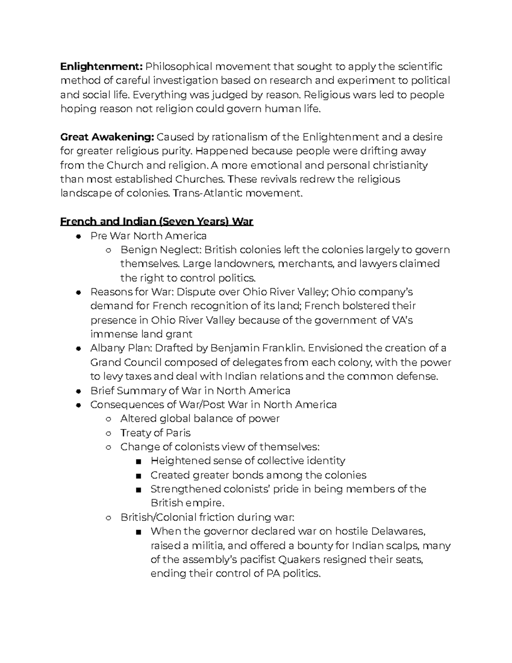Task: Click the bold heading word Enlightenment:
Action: pos(102,67)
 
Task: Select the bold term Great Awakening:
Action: pos(107,137)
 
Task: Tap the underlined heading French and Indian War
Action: pos(157,222)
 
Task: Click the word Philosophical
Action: pos(178,67)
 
